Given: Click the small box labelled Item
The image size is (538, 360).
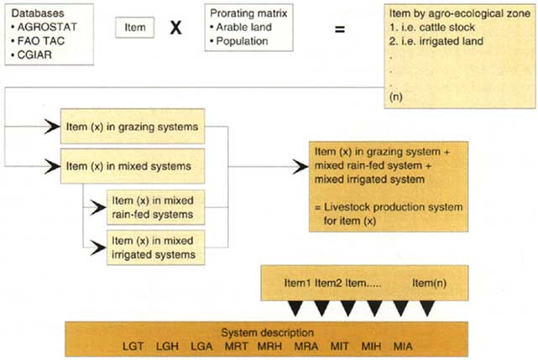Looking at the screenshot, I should tap(134, 28).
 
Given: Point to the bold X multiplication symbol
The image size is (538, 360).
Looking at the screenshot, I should tap(176, 28).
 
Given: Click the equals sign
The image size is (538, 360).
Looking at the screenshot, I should tap(340, 29).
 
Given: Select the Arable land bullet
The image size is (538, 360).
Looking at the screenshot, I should tap(243, 27).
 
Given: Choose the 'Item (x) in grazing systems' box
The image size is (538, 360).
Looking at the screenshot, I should tap(132, 127).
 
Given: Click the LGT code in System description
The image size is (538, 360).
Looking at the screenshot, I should tap(133, 345).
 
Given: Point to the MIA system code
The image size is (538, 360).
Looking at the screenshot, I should tap(400, 345).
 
